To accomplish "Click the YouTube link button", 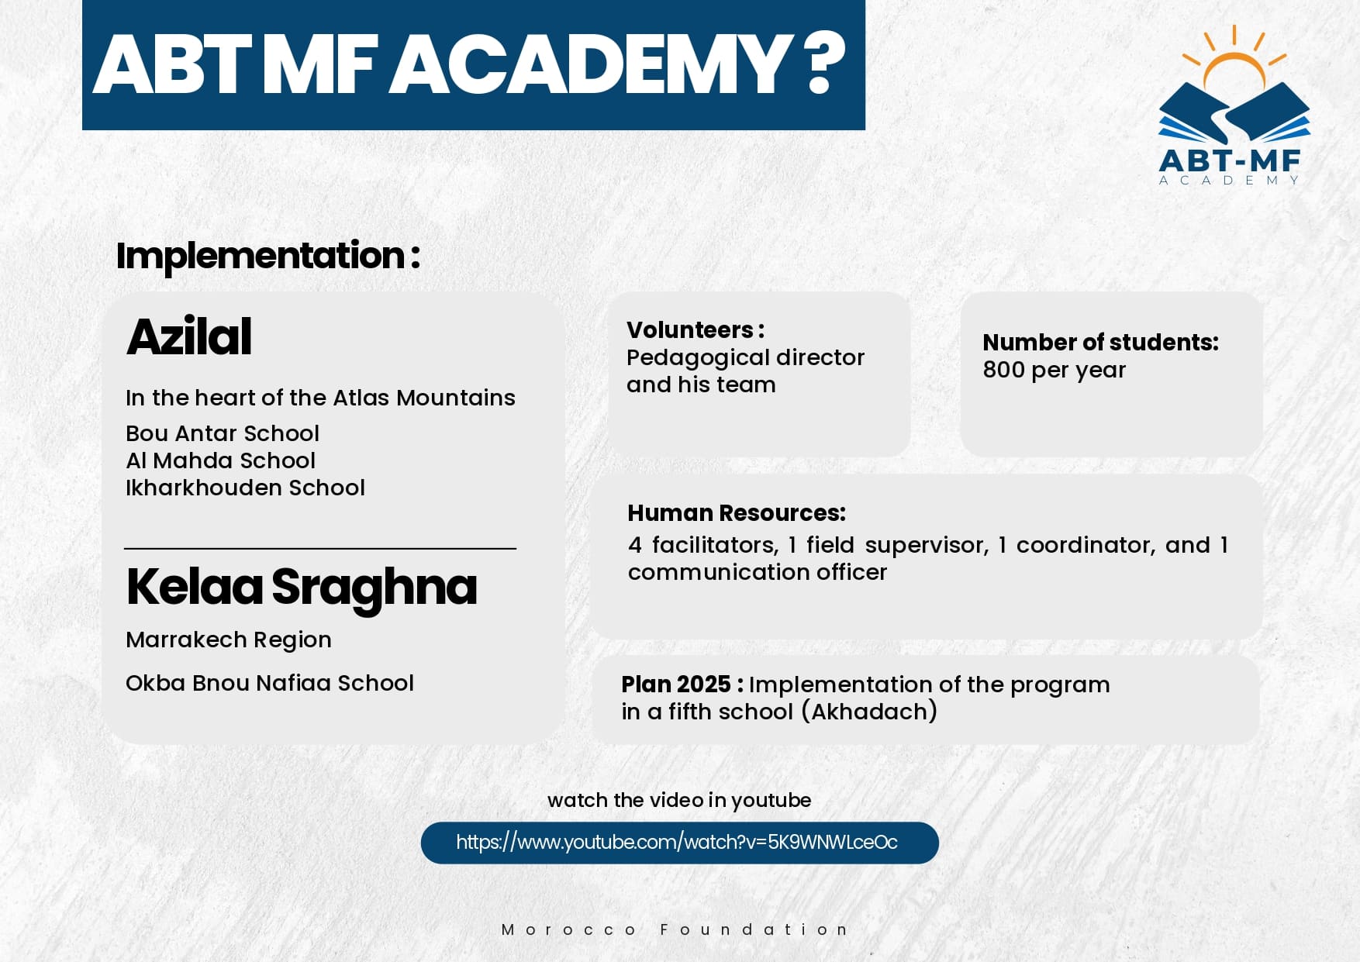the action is coord(679,843).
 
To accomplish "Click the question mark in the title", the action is coord(824,64).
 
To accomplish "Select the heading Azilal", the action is coord(189,336).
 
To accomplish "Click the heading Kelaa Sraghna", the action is coord(302,588).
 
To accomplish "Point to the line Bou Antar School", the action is coord(223,433).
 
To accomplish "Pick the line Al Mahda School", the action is coord(220,460).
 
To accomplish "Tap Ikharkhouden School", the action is coord(245,488).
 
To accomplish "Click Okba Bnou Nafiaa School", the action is coord(270,683).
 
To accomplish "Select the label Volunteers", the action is coord(696,330).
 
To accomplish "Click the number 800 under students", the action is coord(1004,370).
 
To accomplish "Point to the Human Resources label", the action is coord(737,513).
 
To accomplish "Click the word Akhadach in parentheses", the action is coord(869,712).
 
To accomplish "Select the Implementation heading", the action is coord(268,256).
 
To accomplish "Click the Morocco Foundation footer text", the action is coord(675,929).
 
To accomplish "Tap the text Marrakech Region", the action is coord(229,640).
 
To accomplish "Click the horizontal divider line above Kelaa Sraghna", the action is coord(320,549).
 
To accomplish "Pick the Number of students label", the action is coord(1101,343).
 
